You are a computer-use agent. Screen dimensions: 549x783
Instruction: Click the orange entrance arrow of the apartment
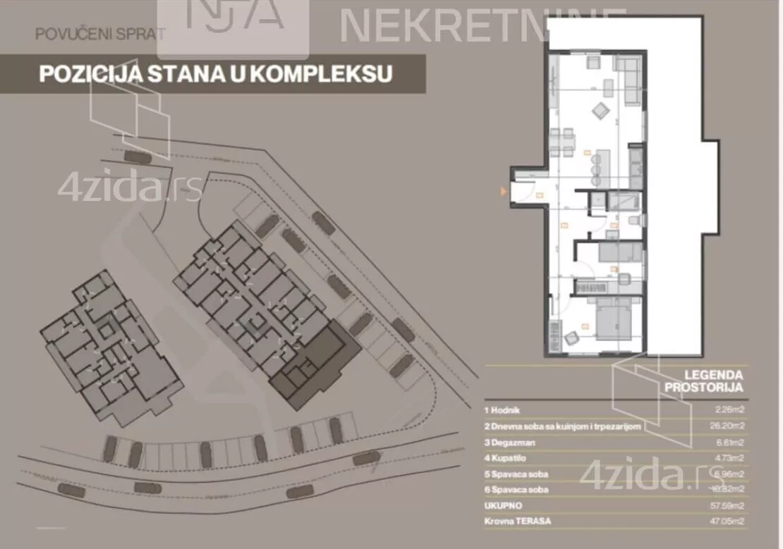tap(503, 191)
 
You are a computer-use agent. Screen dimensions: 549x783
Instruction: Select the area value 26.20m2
tap(726, 426)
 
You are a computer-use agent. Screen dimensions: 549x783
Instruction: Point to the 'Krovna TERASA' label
tap(517, 522)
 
